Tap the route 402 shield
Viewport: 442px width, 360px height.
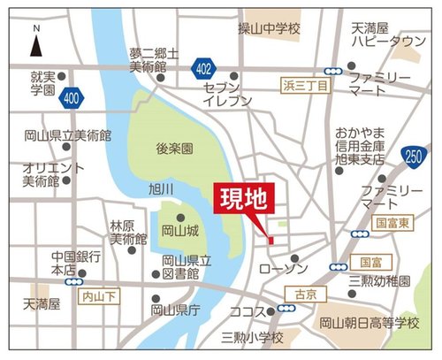(x=205, y=67)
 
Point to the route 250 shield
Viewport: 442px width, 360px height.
(x=412, y=157)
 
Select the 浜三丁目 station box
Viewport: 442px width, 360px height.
(x=306, y=86)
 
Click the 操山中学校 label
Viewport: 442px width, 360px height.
(x=269, y=29)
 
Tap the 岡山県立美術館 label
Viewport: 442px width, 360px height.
(x=68, y=136)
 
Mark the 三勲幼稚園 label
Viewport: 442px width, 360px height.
(x=380, y=281)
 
